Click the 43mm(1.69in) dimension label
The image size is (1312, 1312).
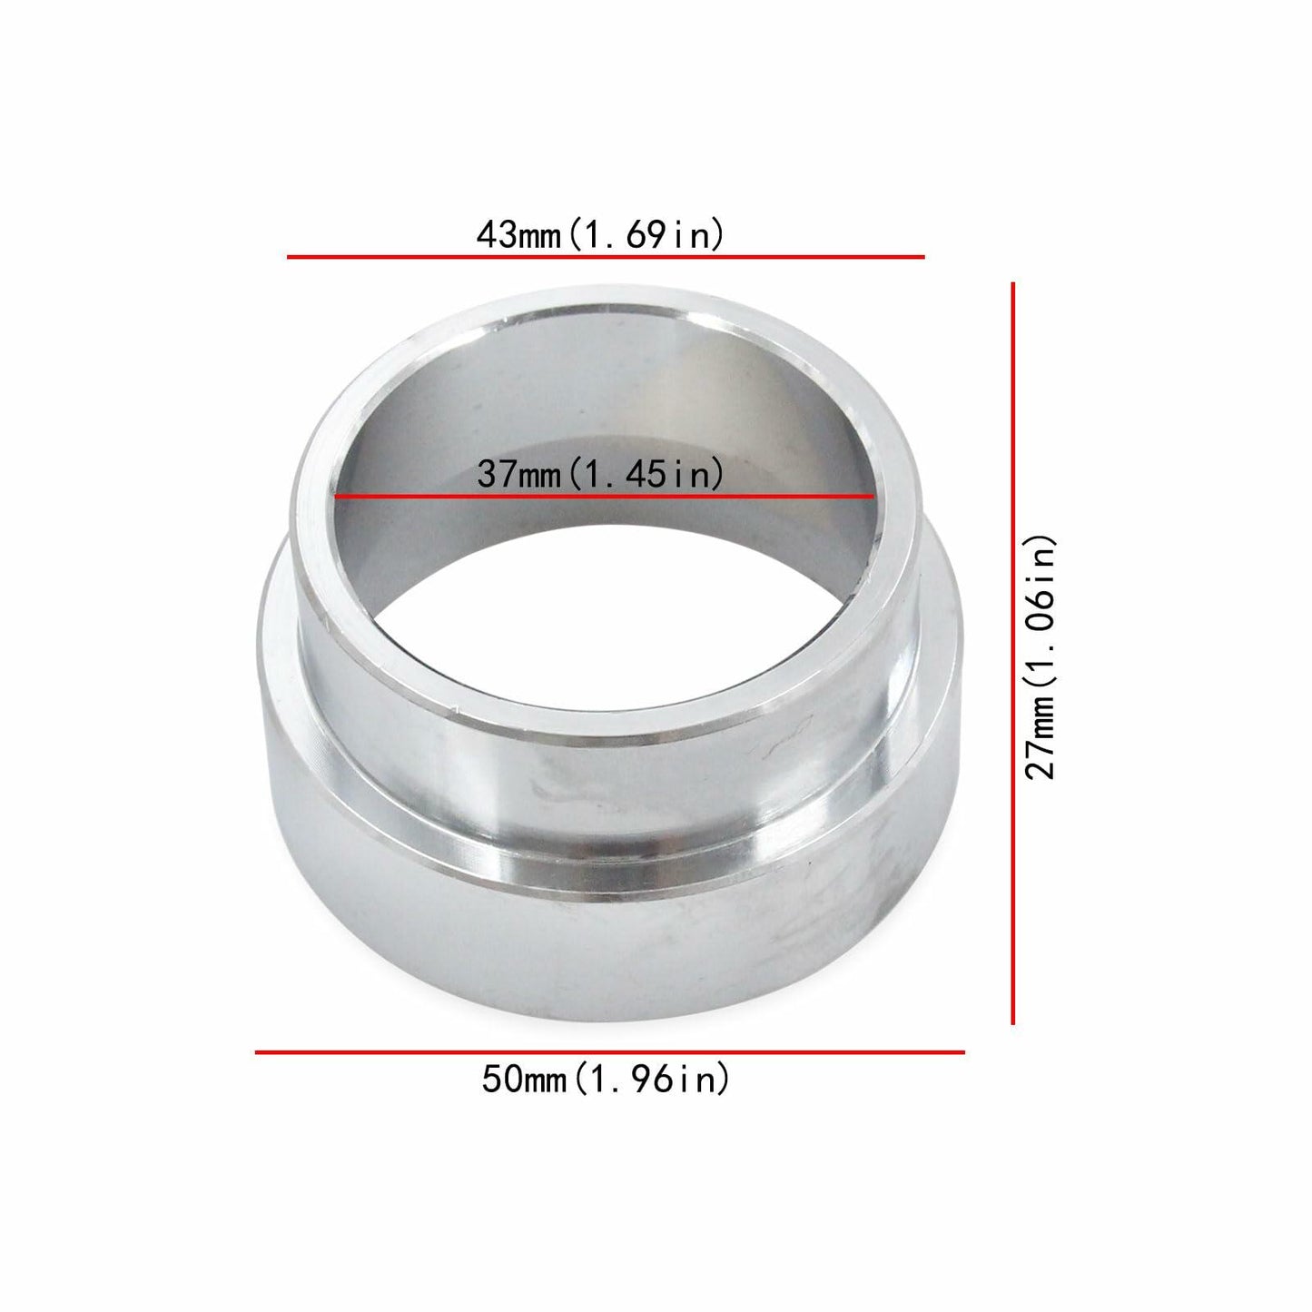(x=600, y=235)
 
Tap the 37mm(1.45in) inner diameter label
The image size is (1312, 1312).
(x=600, y=473)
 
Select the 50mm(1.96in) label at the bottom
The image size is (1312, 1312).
(x=606, y=1080)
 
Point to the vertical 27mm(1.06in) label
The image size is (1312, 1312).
(x=1041, y=656)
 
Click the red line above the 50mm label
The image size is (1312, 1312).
(x=609, y=1052)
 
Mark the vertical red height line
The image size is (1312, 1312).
(x=1012, y=654)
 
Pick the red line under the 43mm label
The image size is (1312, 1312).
(x=606, y=257)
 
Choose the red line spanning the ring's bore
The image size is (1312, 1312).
(x=604, y=497)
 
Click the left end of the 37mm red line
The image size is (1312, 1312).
(x=337, y=497)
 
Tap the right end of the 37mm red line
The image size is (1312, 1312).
(x=872, y=497)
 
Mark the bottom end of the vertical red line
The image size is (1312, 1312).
(x=1012, y=1022)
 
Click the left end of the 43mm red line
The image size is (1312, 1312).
(x=290, y=257)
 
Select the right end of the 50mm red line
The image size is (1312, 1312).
(x=962, y=1052)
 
